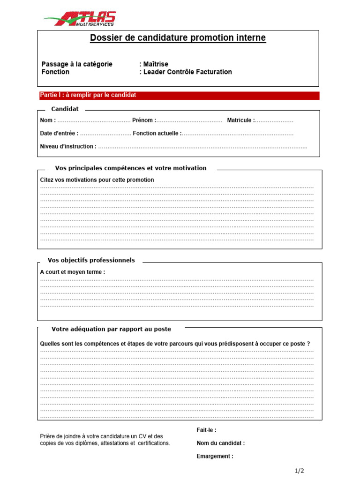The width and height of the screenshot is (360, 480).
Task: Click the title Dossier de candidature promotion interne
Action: [x=178, y=38]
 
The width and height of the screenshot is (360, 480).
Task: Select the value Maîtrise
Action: [x=155, y=64]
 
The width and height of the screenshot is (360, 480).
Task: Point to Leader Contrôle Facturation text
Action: [x=187, y=72]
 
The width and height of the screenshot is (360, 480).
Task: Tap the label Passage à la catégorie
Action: [x=77, y=64]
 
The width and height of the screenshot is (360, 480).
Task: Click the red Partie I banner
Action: [x=179, y=96]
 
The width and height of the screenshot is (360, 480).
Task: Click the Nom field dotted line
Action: [x=94, y=121]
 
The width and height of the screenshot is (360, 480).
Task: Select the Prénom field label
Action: [x=144, y=120]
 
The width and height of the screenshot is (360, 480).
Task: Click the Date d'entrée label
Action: [x=59, y=134]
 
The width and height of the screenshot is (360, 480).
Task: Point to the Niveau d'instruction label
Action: [x=68, y=146]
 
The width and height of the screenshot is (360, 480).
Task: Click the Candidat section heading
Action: [x=65, y=109]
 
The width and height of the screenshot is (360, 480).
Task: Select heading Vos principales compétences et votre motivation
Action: [x=130, y=168]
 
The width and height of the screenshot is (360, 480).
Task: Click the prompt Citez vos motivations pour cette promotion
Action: [x=97, y=180]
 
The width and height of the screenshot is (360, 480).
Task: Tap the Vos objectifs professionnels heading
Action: [x=91, y=260]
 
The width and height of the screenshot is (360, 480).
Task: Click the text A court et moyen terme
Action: [x=73, y=272]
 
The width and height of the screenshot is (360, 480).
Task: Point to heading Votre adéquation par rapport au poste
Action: [x=111, y=329]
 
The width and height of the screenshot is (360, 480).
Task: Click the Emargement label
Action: [x=215, y=456]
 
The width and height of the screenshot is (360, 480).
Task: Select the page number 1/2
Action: [x=300, y=471]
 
